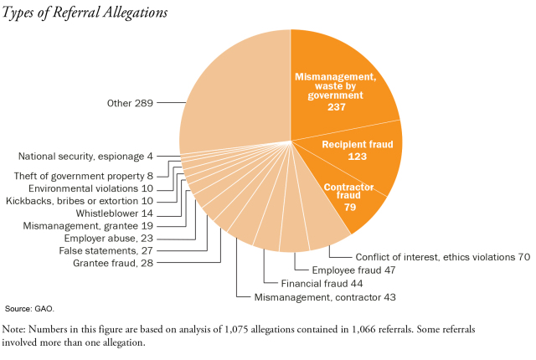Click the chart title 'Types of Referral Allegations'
[x=85, y=13]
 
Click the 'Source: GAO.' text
[x=28, y=310]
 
